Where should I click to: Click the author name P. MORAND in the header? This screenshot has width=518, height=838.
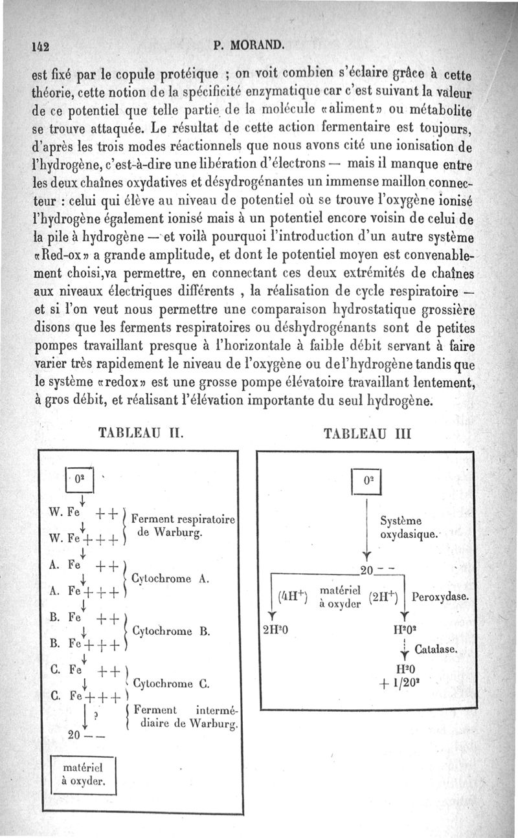pos(248,45)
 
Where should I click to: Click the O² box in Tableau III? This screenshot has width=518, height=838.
pos(366,482)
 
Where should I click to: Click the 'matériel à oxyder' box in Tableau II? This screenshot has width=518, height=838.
pos(83,773)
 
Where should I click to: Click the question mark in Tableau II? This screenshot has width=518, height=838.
pos(96,714)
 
